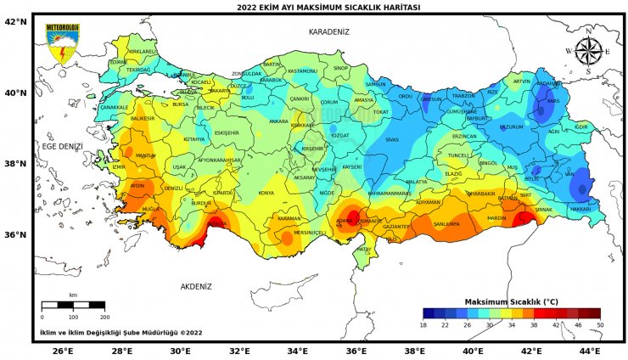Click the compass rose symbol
(588, 51)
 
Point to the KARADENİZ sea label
(328, 31)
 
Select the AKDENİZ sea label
(195, 286)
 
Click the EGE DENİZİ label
(63, 146)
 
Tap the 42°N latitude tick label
(16, 22)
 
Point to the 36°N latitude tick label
(16, 234)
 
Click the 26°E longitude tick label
(63, 350)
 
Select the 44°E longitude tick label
(590, 350)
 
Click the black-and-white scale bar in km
(73, 304)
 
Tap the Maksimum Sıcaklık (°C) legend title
(511, 301)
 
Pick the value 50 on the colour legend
(599, 325)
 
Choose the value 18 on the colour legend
(423, 325)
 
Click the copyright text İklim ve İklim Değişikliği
(121, 333)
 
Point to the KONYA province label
(266, 193)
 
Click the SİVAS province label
(391, 139)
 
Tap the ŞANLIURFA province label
(446, 224)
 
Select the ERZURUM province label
(511, 127)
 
